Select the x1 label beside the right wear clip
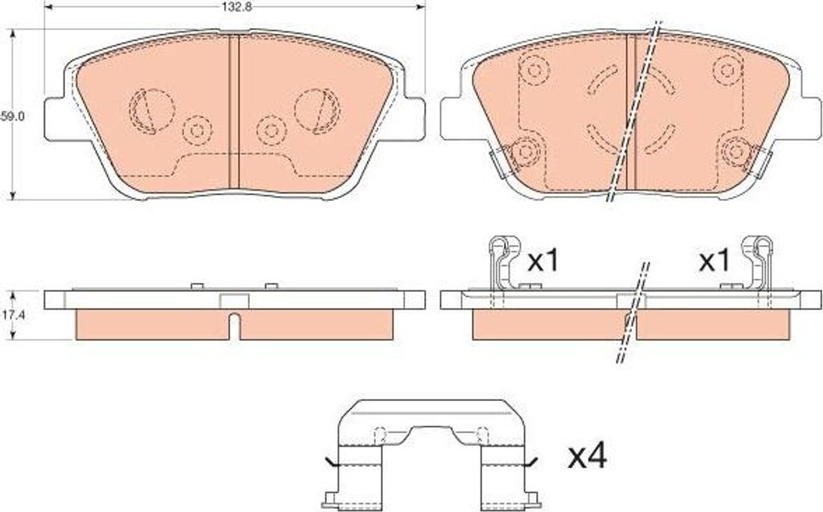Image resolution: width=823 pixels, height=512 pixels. point(714,260)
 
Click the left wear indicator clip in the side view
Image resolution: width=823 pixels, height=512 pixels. point(505,263)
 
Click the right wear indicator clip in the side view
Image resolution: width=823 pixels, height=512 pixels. point(757,263)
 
